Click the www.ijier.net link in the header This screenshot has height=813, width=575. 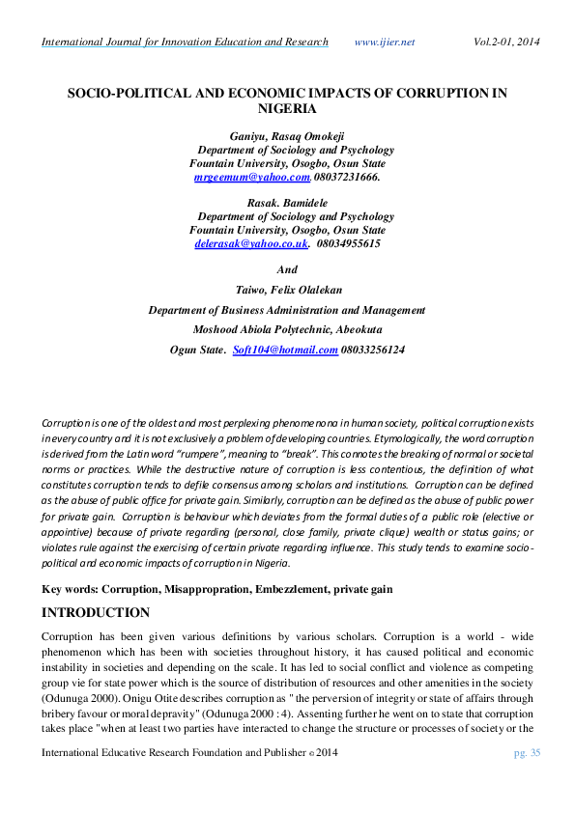pos(385,42)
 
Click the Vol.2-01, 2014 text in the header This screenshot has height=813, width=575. pos(506,42)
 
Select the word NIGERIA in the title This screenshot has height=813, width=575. pos(287,110)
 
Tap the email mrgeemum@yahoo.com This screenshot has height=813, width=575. pos(252,178)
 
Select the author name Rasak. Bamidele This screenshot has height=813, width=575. pos(288,204)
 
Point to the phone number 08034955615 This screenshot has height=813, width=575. pos(348,245)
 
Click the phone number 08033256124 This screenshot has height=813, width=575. pos(373,350)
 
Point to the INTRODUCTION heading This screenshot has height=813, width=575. pos(96,613)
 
